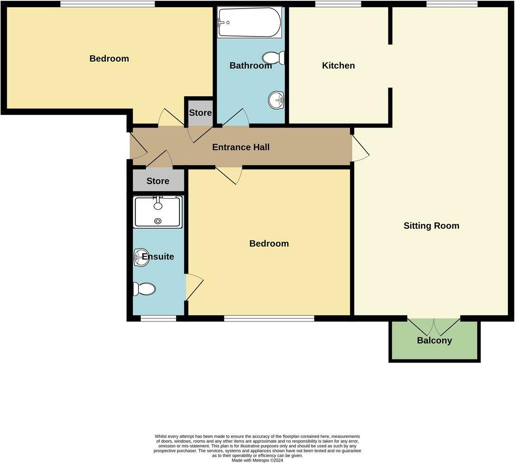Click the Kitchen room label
pos(338,65)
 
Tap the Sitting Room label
pos(431,226)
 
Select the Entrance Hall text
pos(240,147)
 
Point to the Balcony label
pos(434,341)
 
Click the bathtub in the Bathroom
pos(249,22)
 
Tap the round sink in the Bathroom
pos(276,100)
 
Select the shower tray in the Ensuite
pos(157,212)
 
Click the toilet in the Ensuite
pos(144,289)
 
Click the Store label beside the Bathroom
pos(200,113)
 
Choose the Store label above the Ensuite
pos(157,181)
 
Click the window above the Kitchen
pos(338,4)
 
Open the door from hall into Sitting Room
pos(359,148)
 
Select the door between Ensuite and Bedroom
pos(193,287)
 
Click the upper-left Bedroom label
pos(109,59)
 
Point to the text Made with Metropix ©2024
pos(258,460)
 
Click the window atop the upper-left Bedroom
pos(108,4)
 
